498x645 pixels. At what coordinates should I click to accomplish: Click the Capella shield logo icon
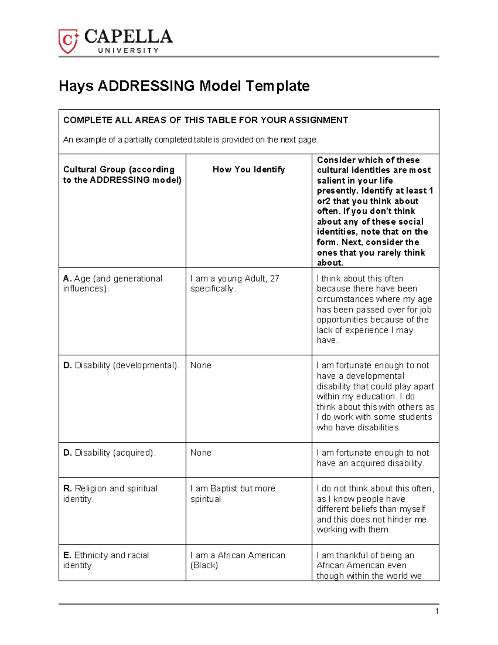68,41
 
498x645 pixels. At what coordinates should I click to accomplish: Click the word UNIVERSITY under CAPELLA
128,51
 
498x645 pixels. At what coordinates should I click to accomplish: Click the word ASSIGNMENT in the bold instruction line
318,120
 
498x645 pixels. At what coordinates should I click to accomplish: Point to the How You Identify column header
249,169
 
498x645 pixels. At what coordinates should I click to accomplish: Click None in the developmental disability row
201,365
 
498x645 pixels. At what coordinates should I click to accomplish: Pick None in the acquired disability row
201,453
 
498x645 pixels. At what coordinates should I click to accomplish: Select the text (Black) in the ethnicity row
204,565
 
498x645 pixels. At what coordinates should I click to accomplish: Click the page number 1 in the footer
437,611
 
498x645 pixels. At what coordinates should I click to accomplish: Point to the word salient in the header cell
331,181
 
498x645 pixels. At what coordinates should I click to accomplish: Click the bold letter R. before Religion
68,488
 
